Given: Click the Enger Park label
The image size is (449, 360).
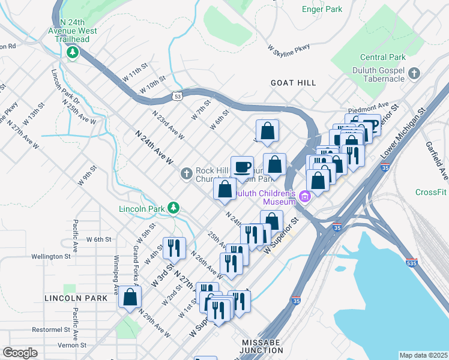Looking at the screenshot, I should [322, 9].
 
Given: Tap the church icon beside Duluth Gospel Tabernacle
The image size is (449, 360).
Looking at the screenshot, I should [414, 74].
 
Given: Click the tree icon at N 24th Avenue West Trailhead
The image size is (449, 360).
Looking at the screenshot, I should [73, 52].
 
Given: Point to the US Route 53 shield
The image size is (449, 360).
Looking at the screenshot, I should [176, 95].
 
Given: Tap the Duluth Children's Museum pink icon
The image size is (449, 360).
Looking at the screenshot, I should [304, 196].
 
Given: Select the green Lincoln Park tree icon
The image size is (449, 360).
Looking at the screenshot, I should [173, 208].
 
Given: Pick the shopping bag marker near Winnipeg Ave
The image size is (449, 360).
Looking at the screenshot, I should [130, 297].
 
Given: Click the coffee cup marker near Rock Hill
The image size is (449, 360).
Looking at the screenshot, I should [242, 167].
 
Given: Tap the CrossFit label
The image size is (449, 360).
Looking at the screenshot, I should [431, 192].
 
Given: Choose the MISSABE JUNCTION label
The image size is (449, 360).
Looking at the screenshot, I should [265, 342].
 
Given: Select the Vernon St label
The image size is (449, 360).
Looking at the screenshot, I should [72, 345].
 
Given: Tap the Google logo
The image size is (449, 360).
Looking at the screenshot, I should [20, 353].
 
